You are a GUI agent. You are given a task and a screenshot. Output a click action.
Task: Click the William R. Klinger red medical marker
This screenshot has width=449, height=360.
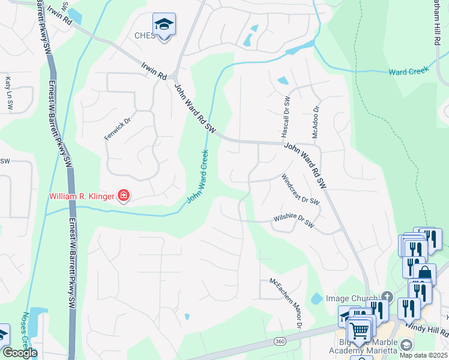point(124,195)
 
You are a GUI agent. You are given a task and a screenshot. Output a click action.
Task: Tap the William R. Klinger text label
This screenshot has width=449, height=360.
point(82,196)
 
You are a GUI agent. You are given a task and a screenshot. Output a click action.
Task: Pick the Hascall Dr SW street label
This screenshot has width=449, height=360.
point(286,116)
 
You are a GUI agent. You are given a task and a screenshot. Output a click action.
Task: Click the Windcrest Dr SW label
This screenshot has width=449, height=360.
point(300,189)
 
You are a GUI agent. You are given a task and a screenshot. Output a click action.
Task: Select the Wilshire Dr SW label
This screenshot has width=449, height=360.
point(294,220)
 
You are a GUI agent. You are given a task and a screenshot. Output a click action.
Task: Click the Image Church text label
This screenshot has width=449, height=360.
point(351,298)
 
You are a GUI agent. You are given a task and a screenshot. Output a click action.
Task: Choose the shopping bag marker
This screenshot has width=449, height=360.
point(424,274)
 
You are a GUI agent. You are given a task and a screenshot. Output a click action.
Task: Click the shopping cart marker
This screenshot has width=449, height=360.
point(359,330)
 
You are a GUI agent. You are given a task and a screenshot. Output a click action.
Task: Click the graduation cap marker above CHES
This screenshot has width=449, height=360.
point(163,25)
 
